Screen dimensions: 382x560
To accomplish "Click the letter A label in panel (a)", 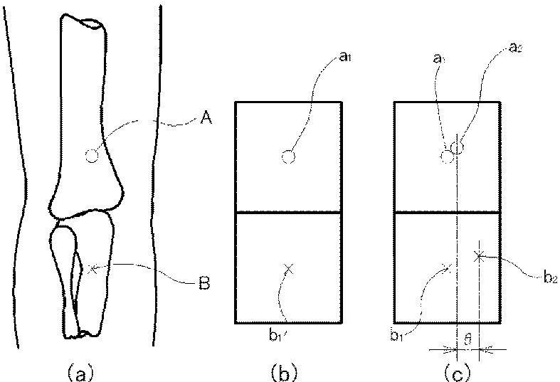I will tap(206, 120).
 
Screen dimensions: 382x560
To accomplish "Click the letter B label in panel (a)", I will tap(204, 286).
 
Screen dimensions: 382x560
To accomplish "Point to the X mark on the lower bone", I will tap(89, 268).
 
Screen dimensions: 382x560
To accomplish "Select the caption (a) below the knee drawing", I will tap(79, 370).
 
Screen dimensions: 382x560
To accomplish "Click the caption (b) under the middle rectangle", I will tap(288, 370).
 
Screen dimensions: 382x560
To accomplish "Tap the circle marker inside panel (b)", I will tap(287, 156).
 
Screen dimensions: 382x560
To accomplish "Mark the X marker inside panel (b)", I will tap(287, 268).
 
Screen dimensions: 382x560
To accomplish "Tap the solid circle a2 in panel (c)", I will tap(458, 147).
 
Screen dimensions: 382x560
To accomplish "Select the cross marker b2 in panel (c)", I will tap(480, 255).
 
